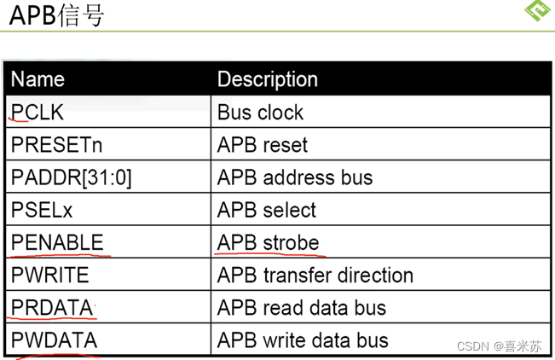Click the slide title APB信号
[56, 15]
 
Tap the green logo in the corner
[538, 9]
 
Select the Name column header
[38, 79]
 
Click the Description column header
[268, 79]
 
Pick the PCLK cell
[38, 113]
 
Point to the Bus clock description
[261, 113]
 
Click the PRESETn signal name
[56, 145]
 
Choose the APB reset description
[263, 145]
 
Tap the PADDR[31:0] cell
[71, 177]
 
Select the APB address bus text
[295, 177]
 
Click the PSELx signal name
[42, 210]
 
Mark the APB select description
[267, 210]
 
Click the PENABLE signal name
[57, 242]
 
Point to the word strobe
[291, 243]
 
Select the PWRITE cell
[50, 275]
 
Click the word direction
[375, 276]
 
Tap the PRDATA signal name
[52, 308]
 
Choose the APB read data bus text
[302, 308]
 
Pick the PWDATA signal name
[55, 340]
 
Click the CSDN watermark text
[500, 345]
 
